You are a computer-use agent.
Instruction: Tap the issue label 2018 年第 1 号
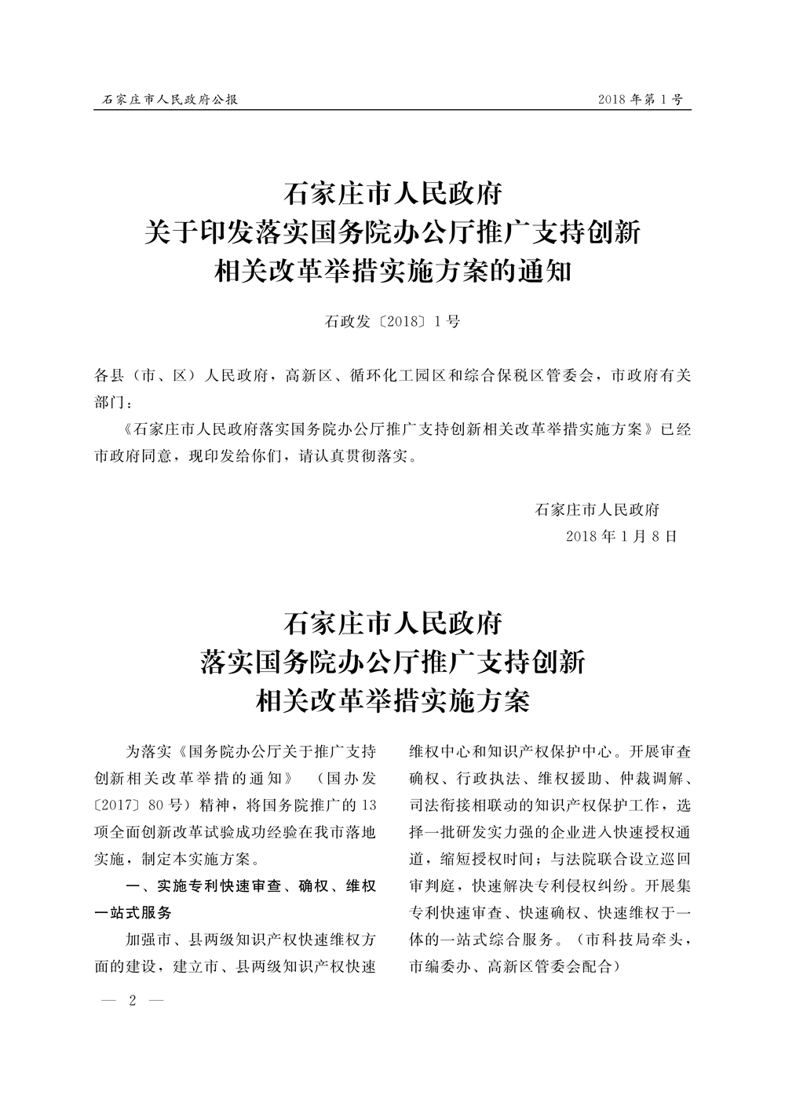[x=640, y=100]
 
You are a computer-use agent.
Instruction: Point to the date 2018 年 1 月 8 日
[x=620, y=536]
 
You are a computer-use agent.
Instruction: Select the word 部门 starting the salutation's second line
[x=108, y=402]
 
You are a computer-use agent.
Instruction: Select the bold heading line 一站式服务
[x=133, y=913]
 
